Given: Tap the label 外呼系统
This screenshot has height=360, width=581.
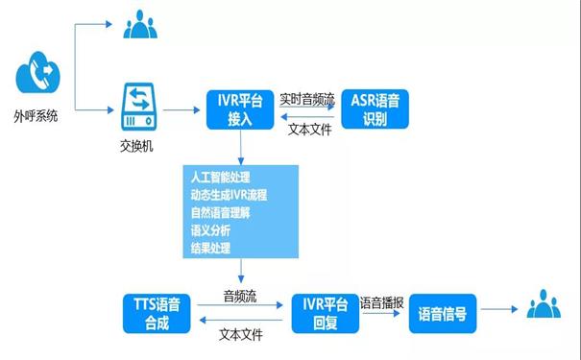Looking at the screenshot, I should click(x=36, y=115).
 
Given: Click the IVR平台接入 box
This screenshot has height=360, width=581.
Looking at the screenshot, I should click(x=240, y=108).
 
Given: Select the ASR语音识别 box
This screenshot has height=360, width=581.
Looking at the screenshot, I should click(x=376, y=108).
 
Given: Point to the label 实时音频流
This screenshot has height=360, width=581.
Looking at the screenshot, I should click(x=308, y=98).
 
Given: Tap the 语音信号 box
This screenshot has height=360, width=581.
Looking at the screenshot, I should click(x=443, y=314).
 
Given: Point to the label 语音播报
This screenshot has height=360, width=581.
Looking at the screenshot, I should click(x=382, y=301).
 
